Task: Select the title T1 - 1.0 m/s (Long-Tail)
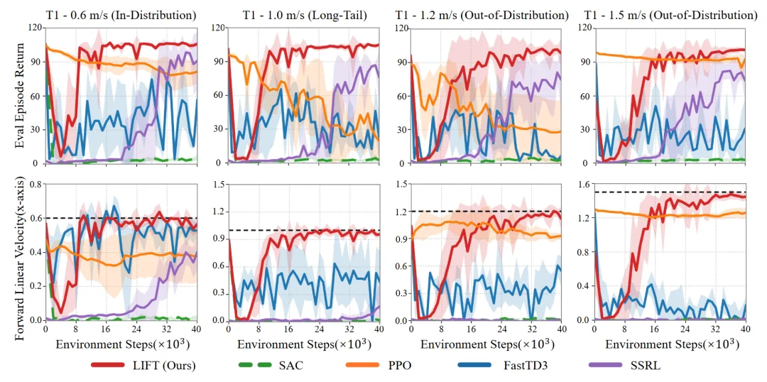pyautogui.click(x=303, y=15)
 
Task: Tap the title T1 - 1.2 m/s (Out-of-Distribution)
pyautogui.click(x=485, y=15)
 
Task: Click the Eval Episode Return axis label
pyautogui.click(x=19, y=95)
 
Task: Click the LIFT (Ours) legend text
pyautogui.click(x=165, y=365)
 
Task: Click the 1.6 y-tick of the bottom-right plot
pyautogui.click(x=584, y=185)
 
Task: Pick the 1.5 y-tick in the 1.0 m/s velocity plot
pyautogui.click(x=217, y=185)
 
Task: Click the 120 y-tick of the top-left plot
pyautogui.click(x=34, y=28)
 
